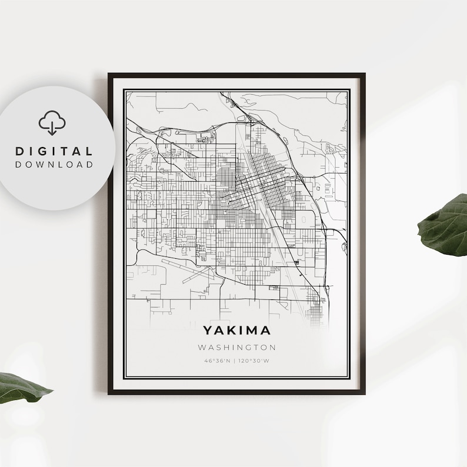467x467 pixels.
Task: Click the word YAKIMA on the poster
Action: click(237, 331)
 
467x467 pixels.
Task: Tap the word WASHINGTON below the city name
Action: click(237, 348)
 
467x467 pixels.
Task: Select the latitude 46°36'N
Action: click(218, 360)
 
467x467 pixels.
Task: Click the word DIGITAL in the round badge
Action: click(54, 152)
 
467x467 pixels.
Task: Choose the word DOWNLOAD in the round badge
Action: click(54, 165)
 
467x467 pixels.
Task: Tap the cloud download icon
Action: click(52, 123)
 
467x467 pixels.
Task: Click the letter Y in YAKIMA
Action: click(208, 331)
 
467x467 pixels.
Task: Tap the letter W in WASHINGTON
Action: click(202, 348)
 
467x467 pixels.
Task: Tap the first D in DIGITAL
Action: click(19, 152)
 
